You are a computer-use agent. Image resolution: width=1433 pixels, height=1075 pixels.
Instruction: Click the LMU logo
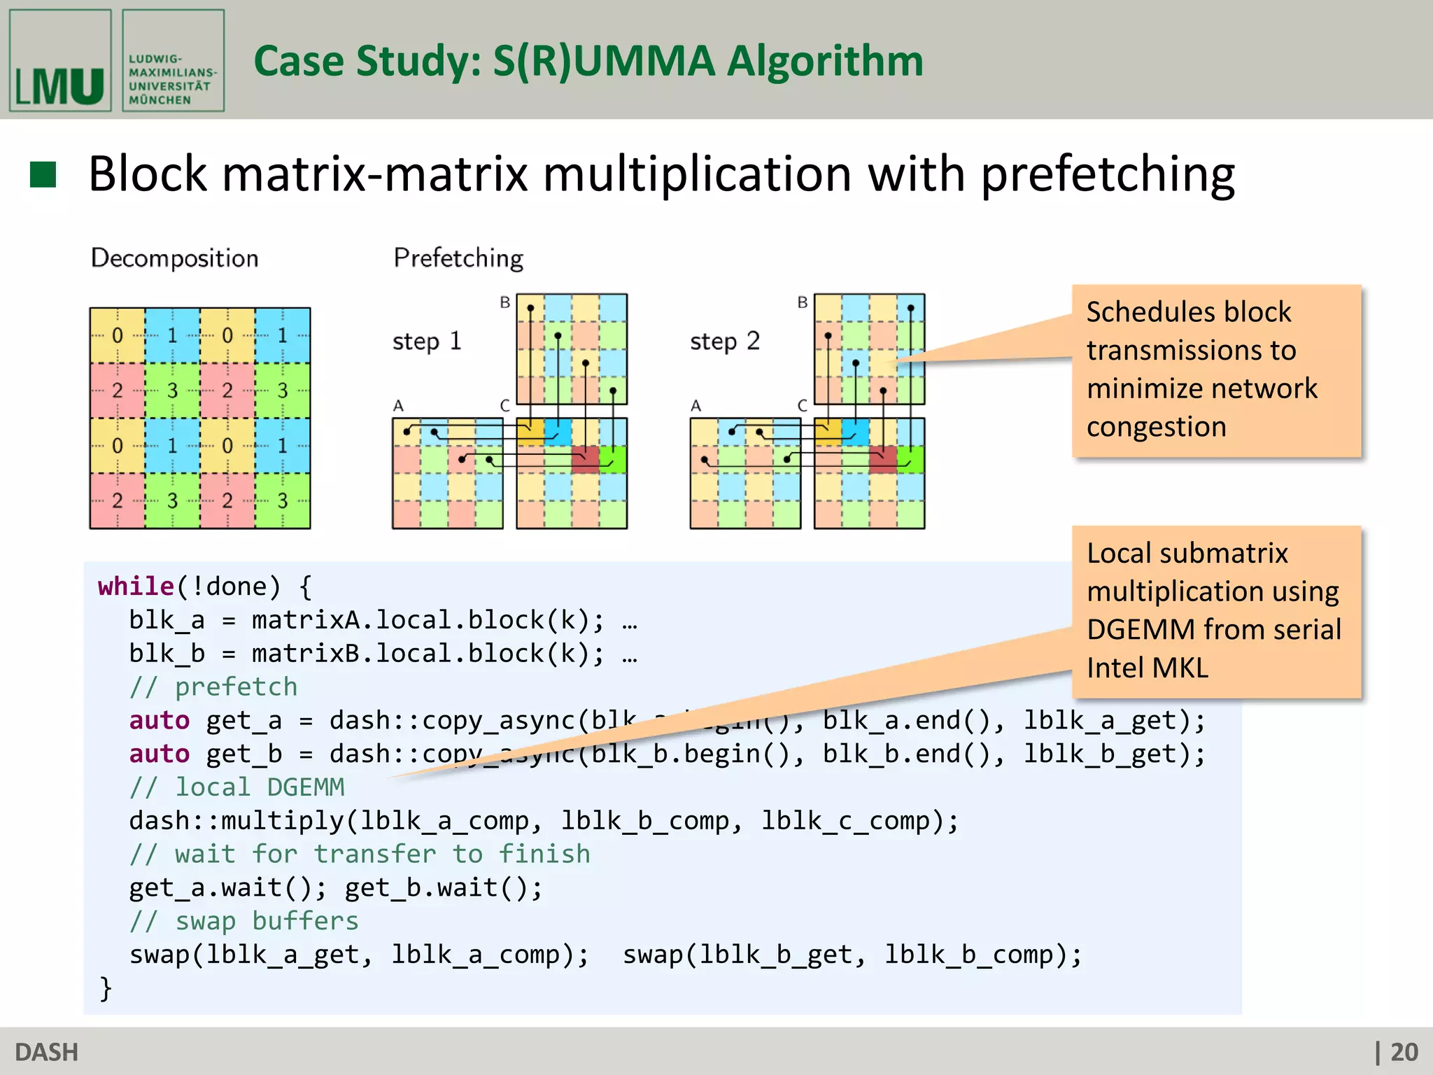[60, 61]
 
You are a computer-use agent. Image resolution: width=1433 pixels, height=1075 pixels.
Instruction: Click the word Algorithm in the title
[825, 61]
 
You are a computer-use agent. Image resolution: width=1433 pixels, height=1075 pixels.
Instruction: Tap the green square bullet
[43, 174]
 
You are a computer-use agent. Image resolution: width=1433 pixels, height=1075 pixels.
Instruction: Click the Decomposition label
[174, 258]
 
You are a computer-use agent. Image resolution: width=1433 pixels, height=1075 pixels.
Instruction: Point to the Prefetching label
[458, 258]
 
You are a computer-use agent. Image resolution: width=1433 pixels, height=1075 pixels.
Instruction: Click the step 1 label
[426, 342]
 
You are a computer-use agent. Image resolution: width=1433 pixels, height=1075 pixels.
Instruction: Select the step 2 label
[724, 342]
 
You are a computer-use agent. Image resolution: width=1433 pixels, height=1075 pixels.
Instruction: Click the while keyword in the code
[136, 586]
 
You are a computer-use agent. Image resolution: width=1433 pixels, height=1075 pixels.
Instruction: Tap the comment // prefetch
[213, 687]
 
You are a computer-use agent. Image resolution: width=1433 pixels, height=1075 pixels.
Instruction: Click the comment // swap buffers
[243, 922]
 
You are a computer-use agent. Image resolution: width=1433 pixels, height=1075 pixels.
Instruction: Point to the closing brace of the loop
[106, 989]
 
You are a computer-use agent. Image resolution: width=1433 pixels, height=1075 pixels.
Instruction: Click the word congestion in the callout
[1156, 427]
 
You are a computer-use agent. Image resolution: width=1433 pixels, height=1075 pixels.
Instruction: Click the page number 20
[1404, 1052]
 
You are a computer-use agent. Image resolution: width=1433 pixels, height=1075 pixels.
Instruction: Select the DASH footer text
[47, 1052]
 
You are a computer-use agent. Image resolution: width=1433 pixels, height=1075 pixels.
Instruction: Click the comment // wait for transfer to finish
[360, 855]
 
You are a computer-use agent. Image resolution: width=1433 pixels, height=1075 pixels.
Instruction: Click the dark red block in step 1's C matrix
[585, 459]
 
